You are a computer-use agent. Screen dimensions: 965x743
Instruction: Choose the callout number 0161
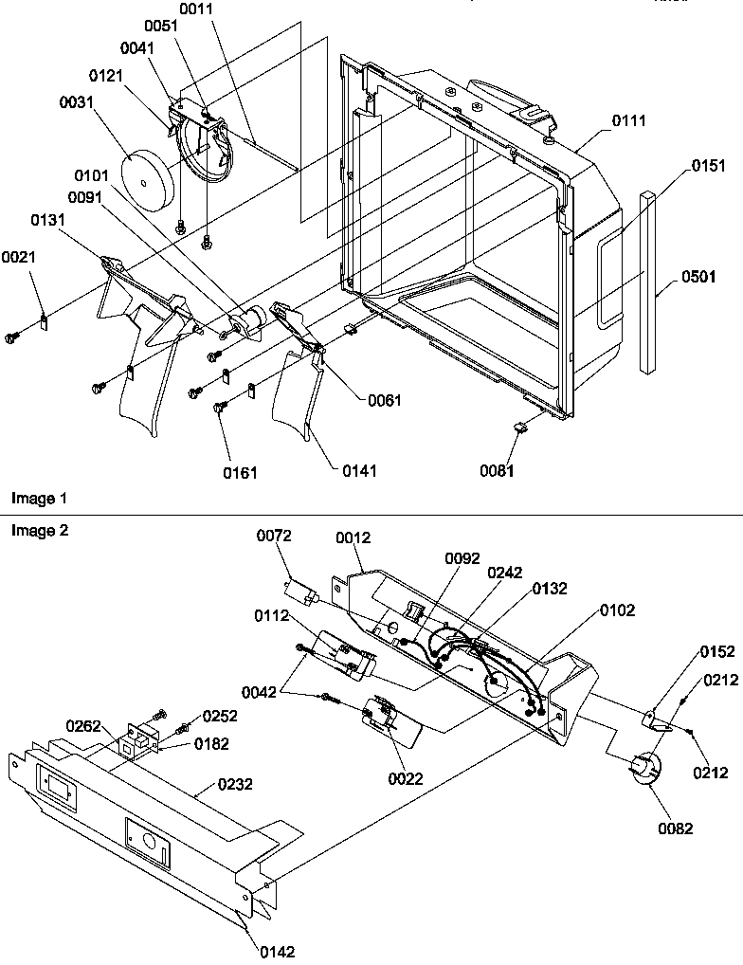(x=240, y=471)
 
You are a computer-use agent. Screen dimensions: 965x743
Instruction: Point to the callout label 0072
(x=275, y=537)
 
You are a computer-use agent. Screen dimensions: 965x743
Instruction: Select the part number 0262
(x=82, y=726)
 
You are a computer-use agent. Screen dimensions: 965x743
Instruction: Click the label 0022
(x=406, y=779)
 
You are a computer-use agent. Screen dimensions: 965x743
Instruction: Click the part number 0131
(x=49, y=220)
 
